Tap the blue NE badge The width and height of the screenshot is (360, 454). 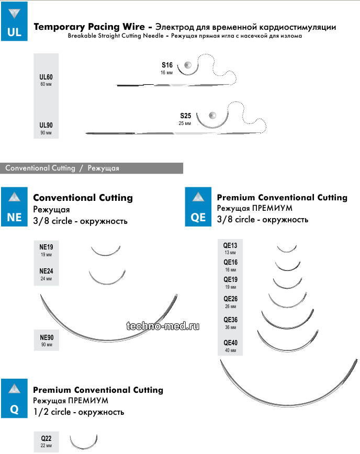[15, 207]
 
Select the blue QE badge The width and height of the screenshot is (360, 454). [198, 207]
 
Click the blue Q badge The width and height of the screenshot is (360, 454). [15, 399]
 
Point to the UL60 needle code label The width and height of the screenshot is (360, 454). [46, 77]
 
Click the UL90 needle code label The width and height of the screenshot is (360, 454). [46, 126]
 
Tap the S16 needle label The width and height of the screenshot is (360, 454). [167, 65]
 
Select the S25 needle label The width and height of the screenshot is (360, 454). [186, 116]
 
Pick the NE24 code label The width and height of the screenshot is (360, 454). [47, 271]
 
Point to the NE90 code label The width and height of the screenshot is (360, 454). [47, 338]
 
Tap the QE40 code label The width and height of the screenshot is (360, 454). [230, 343]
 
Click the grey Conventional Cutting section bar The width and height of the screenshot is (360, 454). [92, 168]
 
